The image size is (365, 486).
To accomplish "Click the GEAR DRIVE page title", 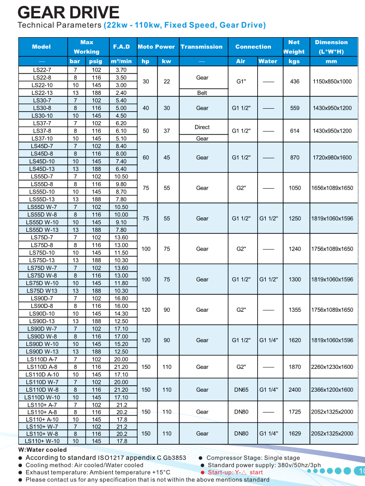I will [x=69, y=12].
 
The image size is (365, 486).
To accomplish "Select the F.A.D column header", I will [x=121, y=47].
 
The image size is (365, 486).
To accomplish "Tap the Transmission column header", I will [x=202, y=47].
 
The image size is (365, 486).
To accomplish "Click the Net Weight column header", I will [x=294, y=47].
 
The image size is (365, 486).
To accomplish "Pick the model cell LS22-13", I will [x=42, y=93].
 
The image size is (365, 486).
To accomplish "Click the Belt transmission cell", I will [x=202, y=93].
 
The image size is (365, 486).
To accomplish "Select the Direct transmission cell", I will [x=202, y=127].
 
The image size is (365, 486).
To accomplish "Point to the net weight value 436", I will [x=295, y=81].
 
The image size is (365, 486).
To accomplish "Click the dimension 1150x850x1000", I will [x=332, y=81].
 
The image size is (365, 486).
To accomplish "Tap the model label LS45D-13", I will [x=42, y=169].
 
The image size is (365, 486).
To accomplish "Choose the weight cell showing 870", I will [x=295, y=157].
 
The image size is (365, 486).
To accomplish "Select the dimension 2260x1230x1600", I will [x=332, y=367].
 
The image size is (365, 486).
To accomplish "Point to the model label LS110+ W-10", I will [x=42, y=441].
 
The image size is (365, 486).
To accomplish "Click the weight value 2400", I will [x=295, y=390].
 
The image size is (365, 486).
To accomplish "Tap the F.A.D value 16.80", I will [x=121, y=298].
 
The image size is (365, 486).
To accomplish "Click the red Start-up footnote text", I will [x=235, y=473].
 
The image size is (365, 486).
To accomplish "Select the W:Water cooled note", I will [x=42, y=450].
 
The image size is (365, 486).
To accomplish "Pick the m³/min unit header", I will [x=121, y=62].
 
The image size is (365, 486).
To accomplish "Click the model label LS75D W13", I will [x=42, y=291].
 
